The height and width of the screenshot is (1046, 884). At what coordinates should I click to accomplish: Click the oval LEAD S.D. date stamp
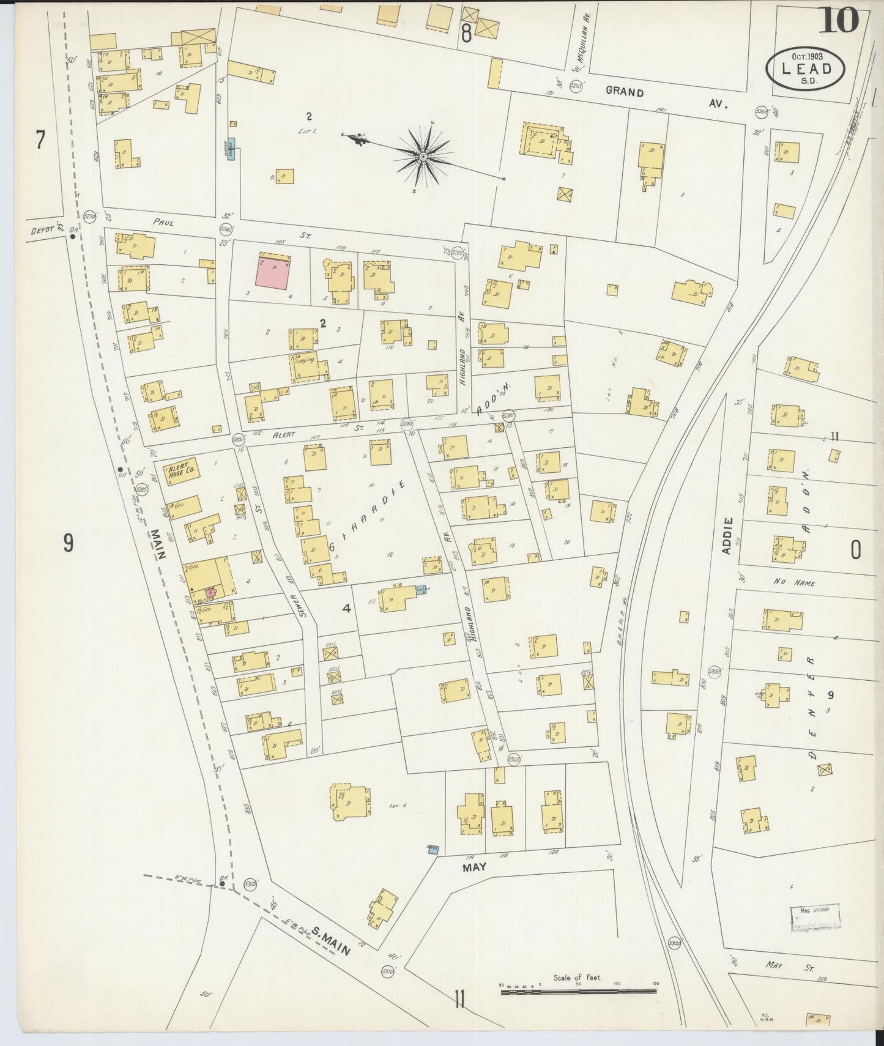[x=806, y=68]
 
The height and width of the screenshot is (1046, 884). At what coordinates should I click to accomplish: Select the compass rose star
[x=423, y=157]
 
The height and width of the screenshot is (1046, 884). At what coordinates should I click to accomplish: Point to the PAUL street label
[x=163, y=223]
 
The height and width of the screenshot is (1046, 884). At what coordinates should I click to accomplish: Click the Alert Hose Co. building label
[x=182, y=472]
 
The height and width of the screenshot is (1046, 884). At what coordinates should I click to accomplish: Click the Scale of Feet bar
[x=578, y=990]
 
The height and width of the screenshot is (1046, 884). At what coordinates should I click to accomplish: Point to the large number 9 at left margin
[x=69, y=543]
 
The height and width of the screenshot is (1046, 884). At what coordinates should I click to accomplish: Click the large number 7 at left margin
[x=40, y=141]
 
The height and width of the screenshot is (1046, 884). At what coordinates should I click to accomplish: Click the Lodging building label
[x=304, y=360]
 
